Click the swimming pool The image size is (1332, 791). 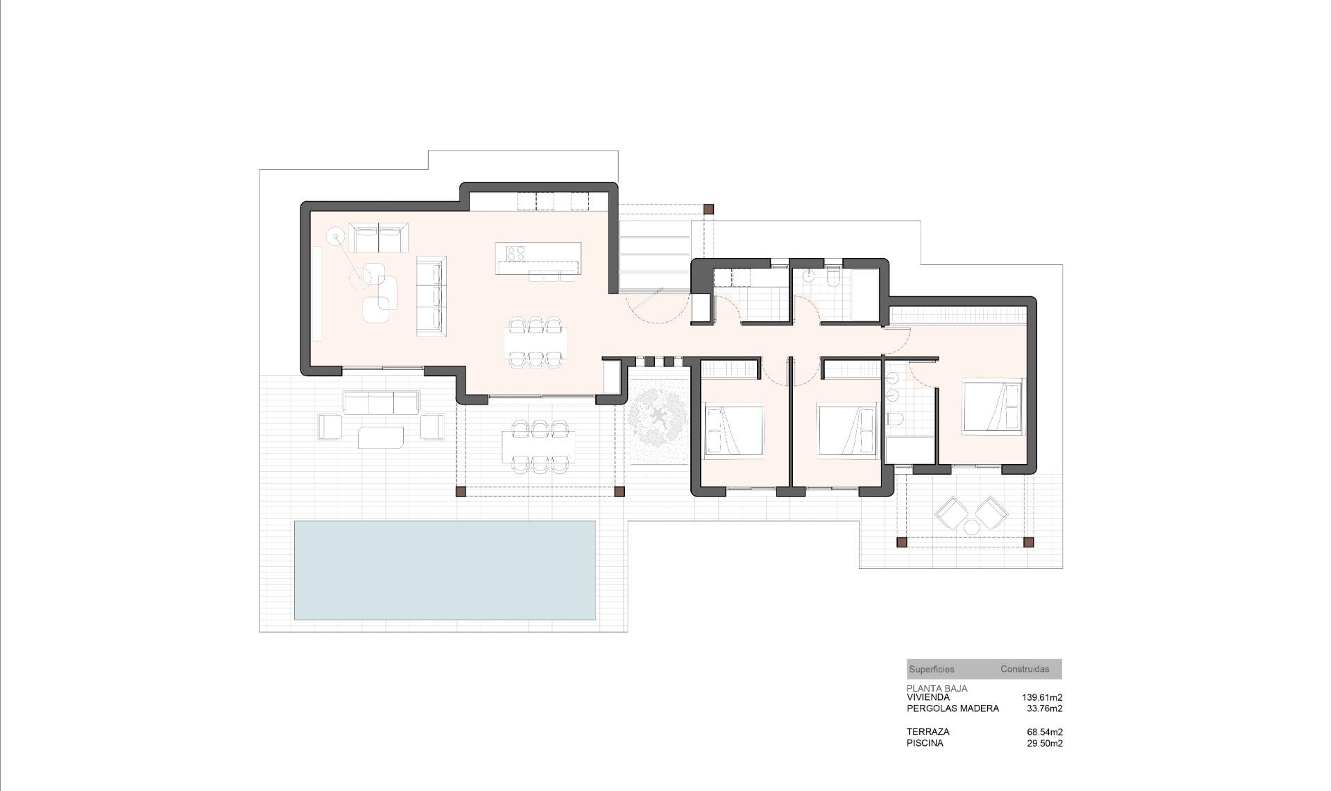click(445, 570)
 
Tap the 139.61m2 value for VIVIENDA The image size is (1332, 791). click(1041, 697)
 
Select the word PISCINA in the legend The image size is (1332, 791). click(924, 743)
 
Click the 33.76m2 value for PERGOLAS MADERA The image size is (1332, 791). click(1044, 708)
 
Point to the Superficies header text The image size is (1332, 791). click(931, 670)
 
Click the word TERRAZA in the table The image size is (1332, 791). click(928, 731)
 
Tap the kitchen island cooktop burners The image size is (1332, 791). click(515, 253)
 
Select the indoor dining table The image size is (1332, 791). click(535, 341)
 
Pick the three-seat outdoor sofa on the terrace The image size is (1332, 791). click(380, 403)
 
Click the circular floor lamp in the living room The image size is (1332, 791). click(336, 237)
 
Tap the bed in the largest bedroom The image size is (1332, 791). click(992, 407)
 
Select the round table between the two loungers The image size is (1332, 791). click(971, 528)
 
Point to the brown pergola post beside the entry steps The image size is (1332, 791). click(708, 208)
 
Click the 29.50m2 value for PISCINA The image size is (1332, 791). click(1044, 743)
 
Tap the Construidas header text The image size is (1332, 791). click(1024, 670)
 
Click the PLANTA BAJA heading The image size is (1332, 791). click(937, 688)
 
